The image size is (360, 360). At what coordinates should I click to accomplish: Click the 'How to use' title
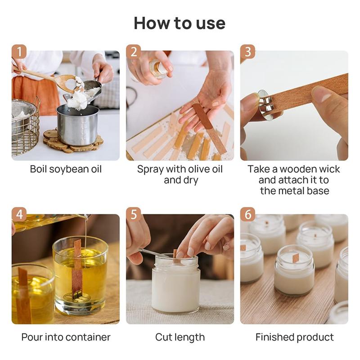180,23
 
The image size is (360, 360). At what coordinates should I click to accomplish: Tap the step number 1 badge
18,52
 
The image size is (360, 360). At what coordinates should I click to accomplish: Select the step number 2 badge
133,52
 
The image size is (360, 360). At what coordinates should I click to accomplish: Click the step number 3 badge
247,52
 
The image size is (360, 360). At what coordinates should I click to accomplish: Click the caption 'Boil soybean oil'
66,169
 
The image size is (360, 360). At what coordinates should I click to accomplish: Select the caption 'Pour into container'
66,337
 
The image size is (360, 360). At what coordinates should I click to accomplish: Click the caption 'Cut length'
180,337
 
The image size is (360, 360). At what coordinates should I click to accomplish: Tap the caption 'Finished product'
294,337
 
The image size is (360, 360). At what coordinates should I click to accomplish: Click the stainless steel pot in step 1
77,124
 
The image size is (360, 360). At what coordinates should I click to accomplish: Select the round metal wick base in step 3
264,106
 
